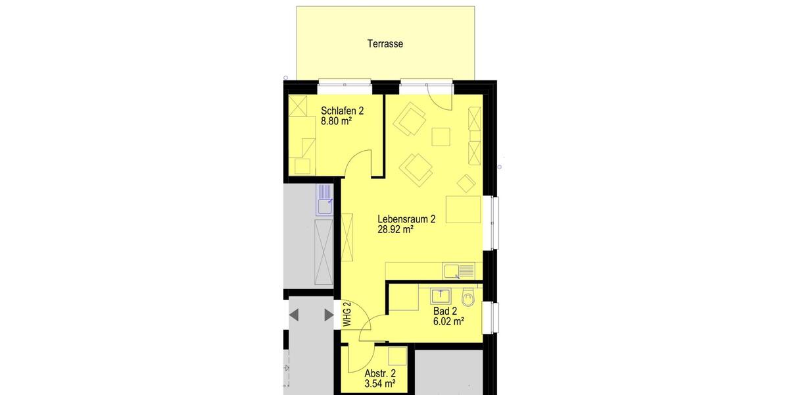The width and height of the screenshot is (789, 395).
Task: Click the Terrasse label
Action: point(385,44)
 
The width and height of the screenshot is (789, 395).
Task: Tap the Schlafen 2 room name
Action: point(342,111)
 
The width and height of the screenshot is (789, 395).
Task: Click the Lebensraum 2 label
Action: point(406,219)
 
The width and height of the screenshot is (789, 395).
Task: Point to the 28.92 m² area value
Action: point(395,230)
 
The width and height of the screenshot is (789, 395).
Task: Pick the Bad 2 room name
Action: point(445,311)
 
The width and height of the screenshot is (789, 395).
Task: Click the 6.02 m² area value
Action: point(448,322)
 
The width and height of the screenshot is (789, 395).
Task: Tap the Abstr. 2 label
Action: point(380,372)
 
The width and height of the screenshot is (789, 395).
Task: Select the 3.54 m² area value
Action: point(379,383)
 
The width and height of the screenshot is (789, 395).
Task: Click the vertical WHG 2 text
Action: point(347,315)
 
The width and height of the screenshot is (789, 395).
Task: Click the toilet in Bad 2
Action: point(467,299)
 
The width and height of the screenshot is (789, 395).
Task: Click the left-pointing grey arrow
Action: point(294,315)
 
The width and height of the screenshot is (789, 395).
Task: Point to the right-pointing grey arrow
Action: point(329,315)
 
